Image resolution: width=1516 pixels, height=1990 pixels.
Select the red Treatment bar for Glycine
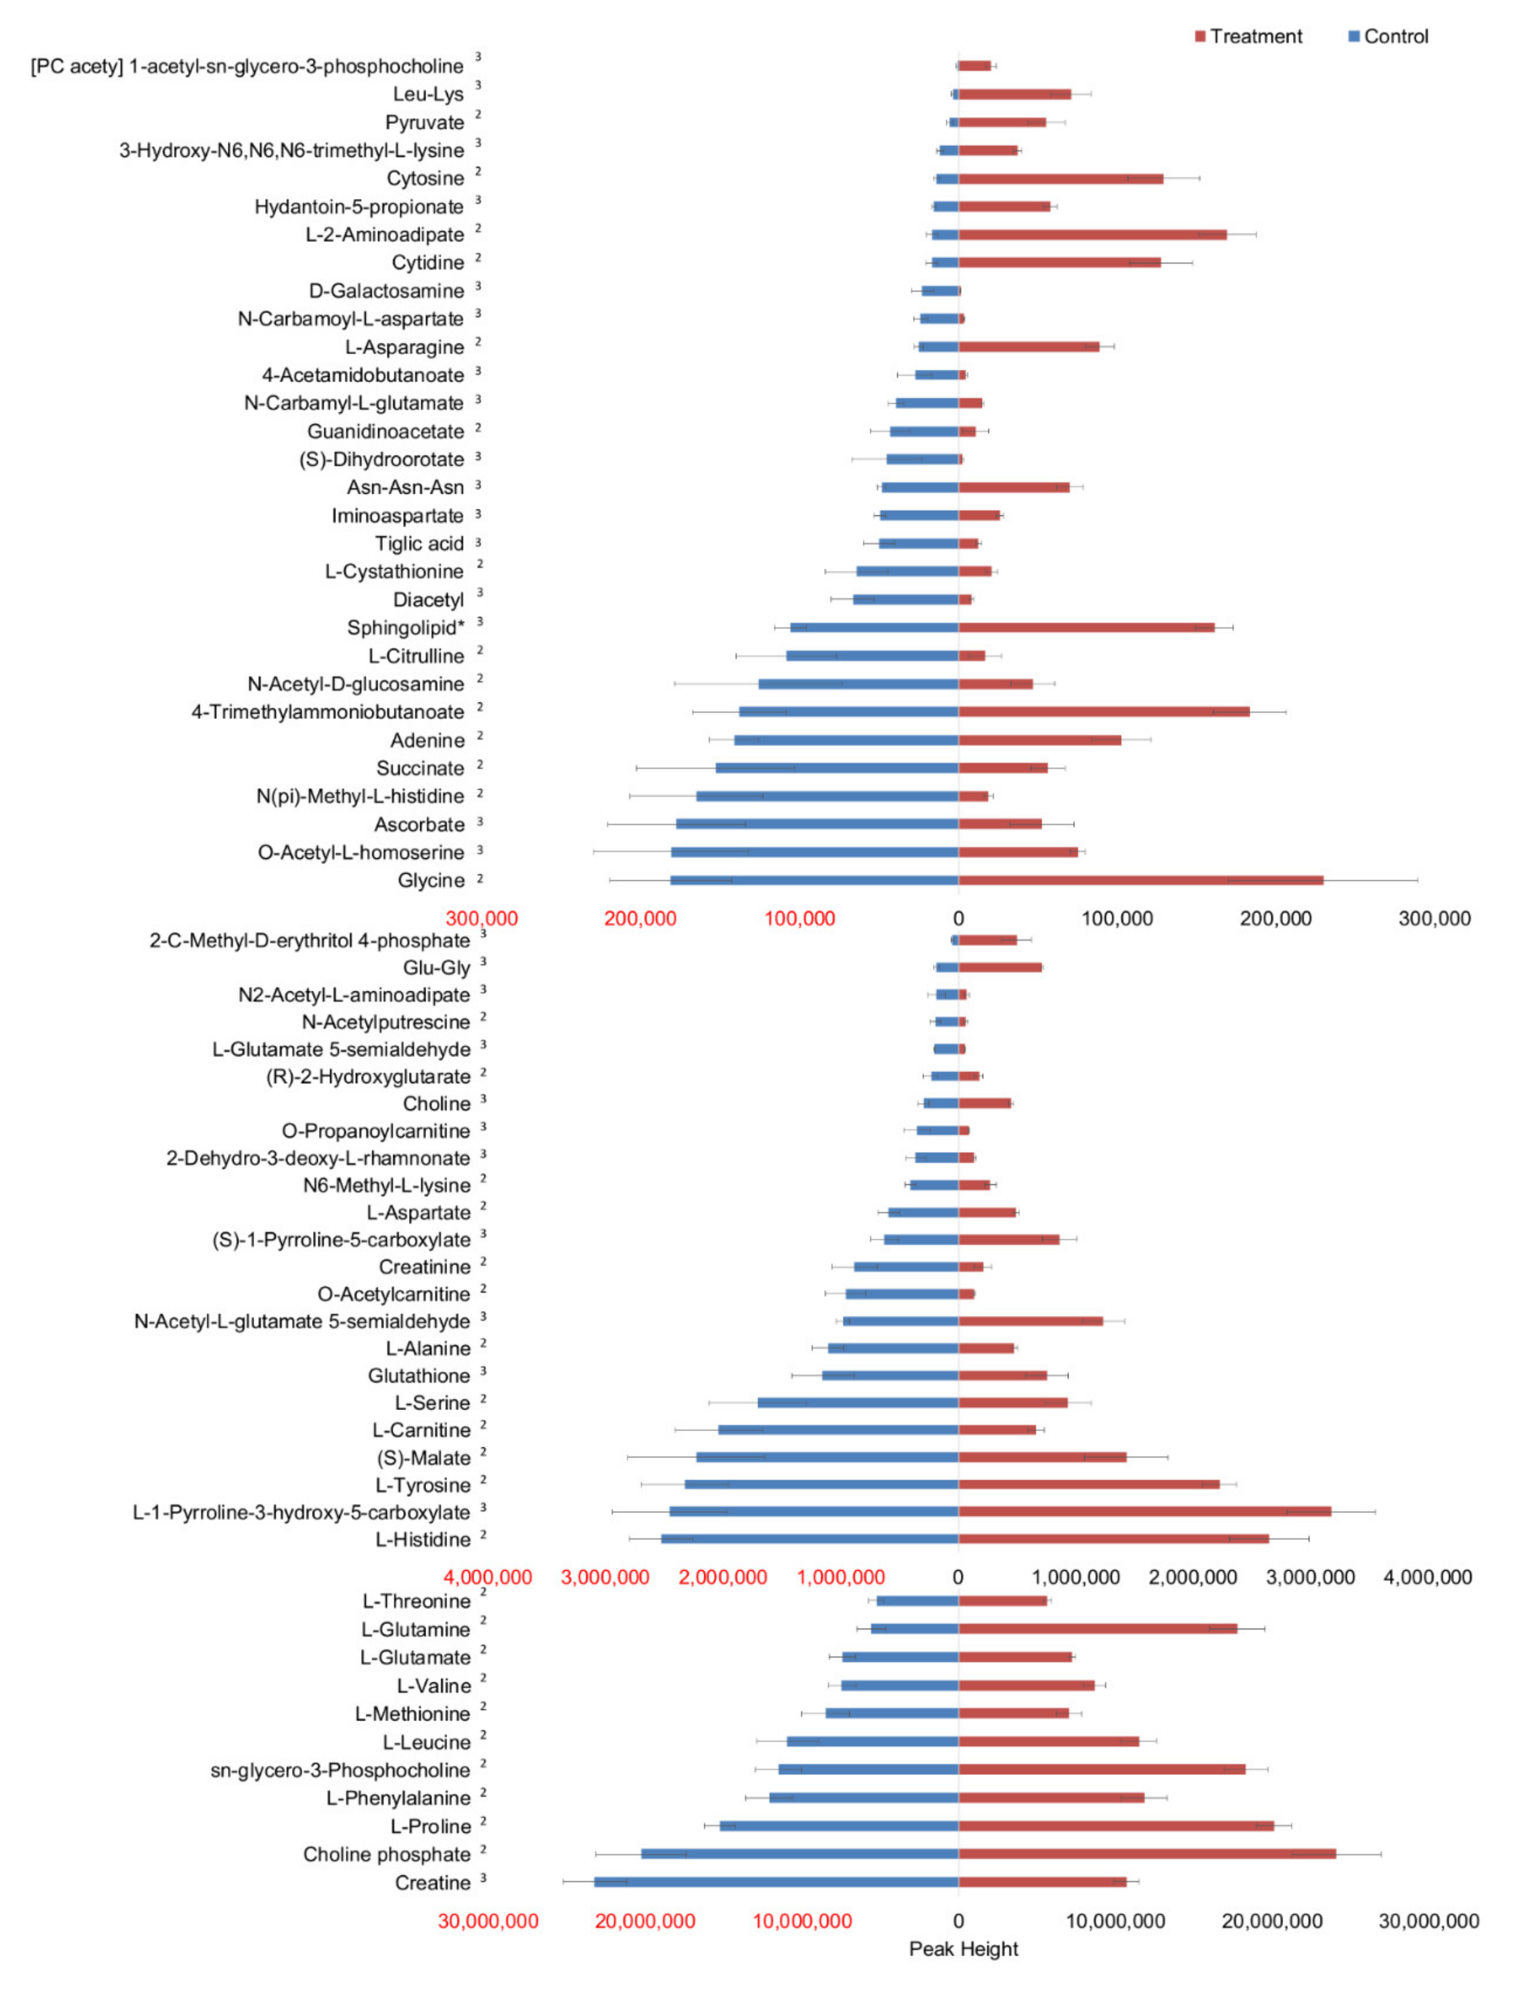point(1140,880)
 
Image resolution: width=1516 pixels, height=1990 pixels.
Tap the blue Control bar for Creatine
point(776,1881)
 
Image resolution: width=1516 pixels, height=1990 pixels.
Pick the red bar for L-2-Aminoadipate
point(1092,235)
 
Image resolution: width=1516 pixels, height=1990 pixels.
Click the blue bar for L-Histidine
point(809,1539)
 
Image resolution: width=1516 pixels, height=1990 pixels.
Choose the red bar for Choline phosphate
point(1146,1854)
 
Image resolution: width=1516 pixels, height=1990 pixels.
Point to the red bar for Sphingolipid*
point(1086,627)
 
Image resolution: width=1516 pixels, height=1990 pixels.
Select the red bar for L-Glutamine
point(1097,1629)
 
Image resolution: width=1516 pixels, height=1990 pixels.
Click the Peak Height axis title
point(963,1948)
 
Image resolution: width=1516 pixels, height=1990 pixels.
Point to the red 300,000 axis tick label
point(482,919)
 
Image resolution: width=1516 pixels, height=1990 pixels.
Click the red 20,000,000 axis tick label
point(644,1921)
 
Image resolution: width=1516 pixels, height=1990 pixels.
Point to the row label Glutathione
point(419,1375)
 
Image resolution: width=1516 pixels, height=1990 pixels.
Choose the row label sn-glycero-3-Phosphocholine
point(340,1770)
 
